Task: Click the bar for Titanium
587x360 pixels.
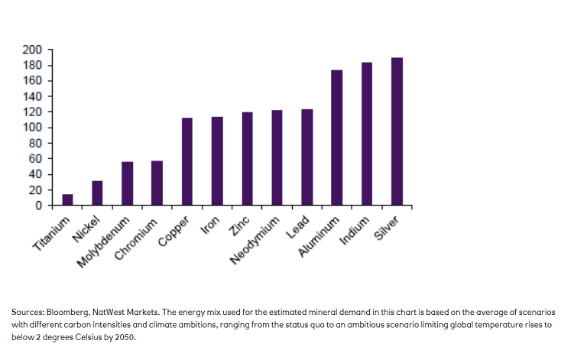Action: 67,200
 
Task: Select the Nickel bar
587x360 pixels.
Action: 97,193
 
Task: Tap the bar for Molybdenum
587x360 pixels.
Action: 127,184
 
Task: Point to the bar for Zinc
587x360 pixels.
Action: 247,159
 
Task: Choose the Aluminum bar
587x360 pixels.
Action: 336,138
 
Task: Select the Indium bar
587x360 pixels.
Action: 367,135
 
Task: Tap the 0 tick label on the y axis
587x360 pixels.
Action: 38,206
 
